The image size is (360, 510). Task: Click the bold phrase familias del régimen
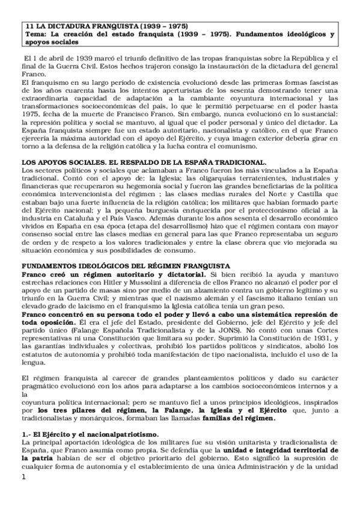pyautogui.click(x=239, y=419)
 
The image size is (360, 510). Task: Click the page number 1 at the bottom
pyautogui.click(x=24, y=494)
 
